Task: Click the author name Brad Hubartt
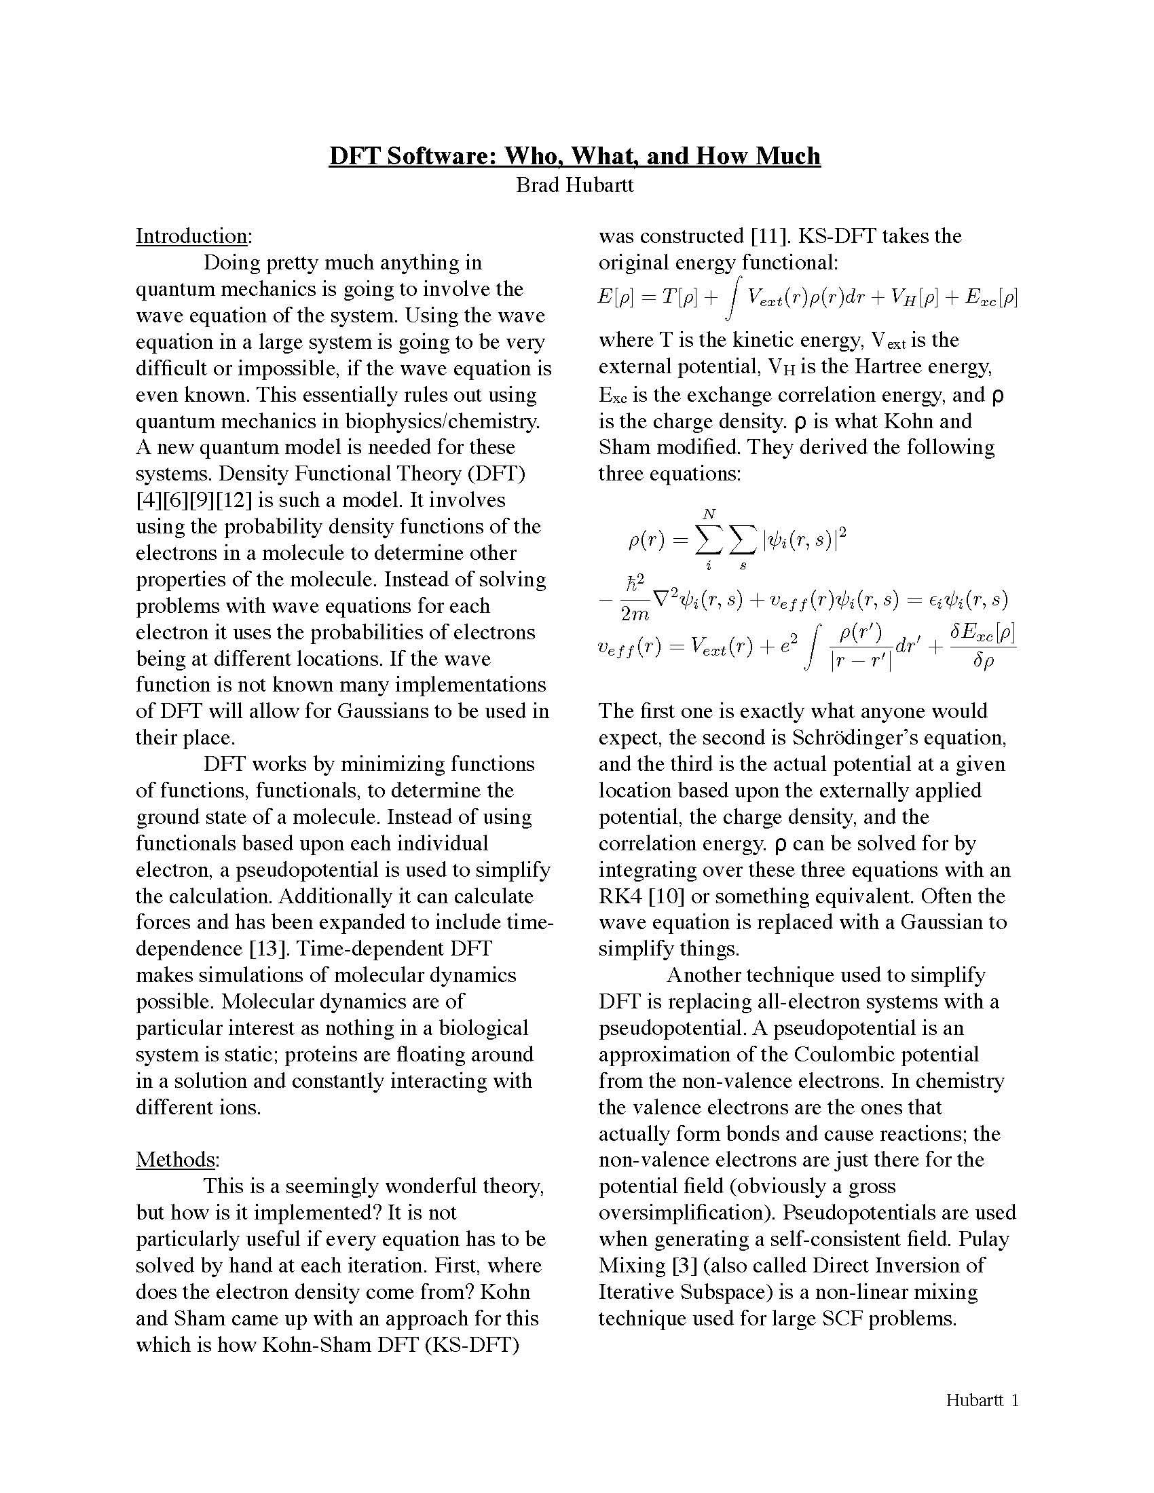(x=574, y=185)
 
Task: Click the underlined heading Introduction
(x=191, y=236)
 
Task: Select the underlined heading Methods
(x=176, y=1159)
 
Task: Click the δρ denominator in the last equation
(x=982, y=662)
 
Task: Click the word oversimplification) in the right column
(x=687, y=1213)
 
